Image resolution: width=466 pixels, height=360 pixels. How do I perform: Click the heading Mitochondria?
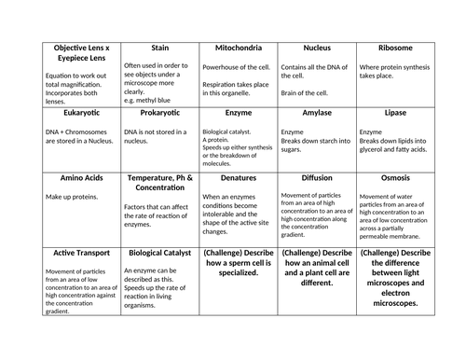(x=238, y=48)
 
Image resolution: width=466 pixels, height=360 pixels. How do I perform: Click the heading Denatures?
(x=238, y=176)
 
